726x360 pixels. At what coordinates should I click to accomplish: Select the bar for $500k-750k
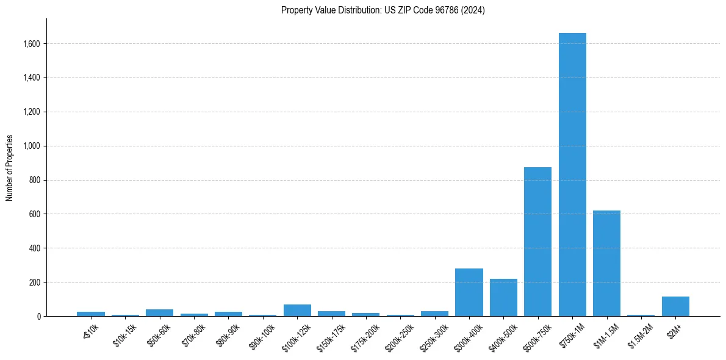[x=537, y=242]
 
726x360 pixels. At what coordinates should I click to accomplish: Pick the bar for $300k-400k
[x=469, y=292]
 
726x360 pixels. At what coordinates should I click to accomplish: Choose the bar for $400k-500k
[x=503, y=298]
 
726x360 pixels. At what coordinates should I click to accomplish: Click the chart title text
[x=383, y=10]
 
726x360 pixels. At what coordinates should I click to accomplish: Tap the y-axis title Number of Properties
[x=10, y=167]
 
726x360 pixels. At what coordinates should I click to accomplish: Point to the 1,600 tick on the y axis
[x=32, y=44]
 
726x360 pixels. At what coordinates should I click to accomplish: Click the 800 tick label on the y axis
[x=35, y=180]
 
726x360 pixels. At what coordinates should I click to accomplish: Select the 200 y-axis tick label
[x=35, y=283]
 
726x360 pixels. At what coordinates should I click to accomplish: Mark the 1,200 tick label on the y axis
[x=32, y=112]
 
